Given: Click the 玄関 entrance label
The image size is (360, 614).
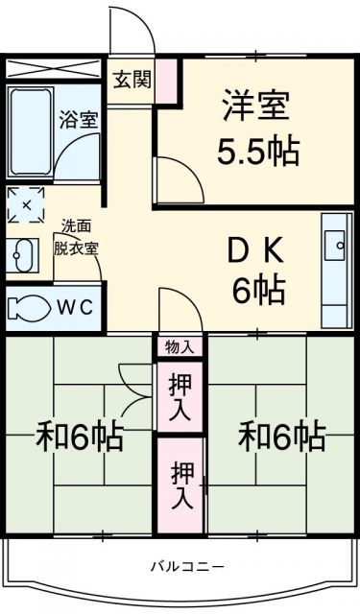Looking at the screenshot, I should tap(132, 80).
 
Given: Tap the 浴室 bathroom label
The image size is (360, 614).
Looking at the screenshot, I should tap(79, 121).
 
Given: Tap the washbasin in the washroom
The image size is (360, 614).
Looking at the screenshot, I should tap(23, 256).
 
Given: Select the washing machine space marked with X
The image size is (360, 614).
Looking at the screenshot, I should tap(26, 204).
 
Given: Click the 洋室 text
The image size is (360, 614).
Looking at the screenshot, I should tap(256, 105).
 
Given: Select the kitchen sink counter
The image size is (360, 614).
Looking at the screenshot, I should tap(337, 270).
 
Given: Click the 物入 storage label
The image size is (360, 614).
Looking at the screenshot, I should tap(179, 346).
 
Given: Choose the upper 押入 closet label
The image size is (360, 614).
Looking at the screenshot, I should tap(180, 395).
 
